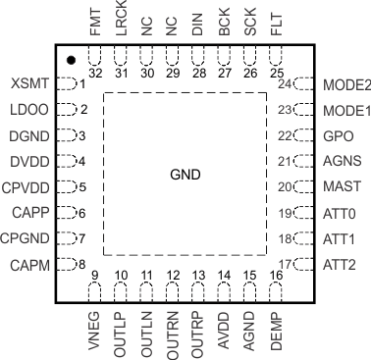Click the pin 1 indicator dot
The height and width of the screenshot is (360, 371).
[x=72, y=61]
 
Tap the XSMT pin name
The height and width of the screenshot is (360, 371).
[x=30, y=84]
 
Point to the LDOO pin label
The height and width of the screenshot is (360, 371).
[x=30, y=110]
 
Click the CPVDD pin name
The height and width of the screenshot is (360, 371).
[x=26, y=186]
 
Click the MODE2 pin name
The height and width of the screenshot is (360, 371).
[x=345, y=84]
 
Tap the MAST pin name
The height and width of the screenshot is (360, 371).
[x=340, y=186]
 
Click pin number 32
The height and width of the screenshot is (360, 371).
[x=95, y=73]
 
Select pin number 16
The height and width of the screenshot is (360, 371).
[x=275, y=276]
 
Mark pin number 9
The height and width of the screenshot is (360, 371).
[x=95, y=276]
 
